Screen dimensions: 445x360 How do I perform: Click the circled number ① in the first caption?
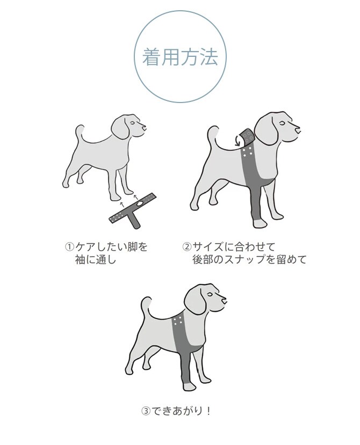coord(69,247)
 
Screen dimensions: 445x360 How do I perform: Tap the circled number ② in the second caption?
coord(186,247)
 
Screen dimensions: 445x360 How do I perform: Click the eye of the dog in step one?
coord(133,122)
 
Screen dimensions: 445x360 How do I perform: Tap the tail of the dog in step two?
coord(214,135)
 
